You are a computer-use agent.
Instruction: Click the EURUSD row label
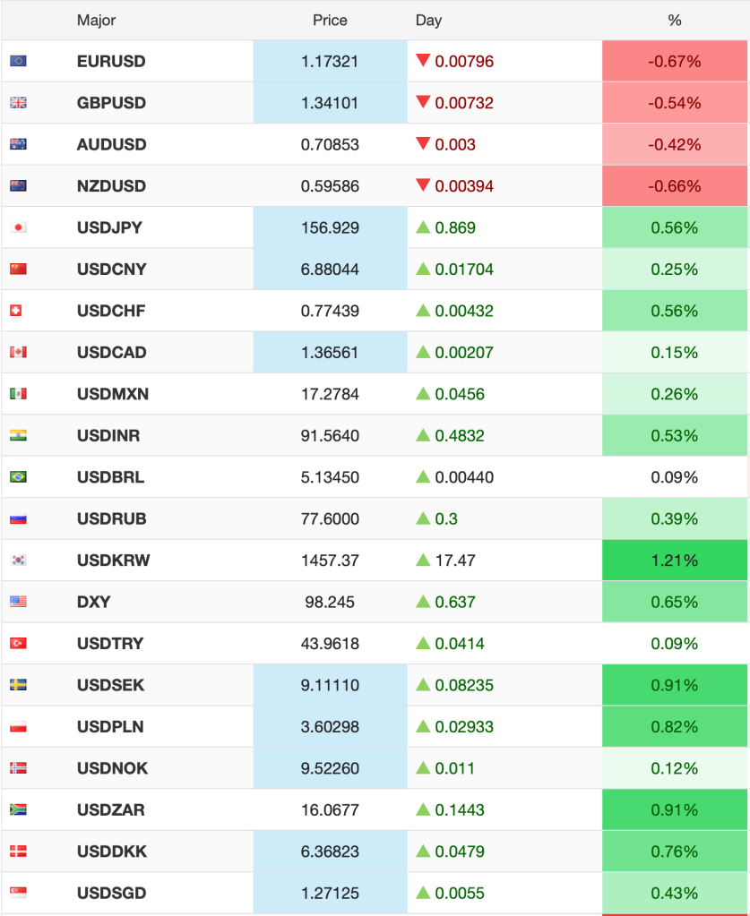click(x=111, y=62)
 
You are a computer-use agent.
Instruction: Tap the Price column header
click(x=330, y=21)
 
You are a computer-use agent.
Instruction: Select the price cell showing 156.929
click(x=330, y=228)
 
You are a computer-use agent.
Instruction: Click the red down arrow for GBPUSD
click(x=423, y=102)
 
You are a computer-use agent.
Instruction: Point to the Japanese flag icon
click(x=18, y=228)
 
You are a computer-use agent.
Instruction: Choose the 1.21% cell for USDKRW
click(x=675, y=561)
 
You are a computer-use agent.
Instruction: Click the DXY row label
click(x=94, y=602)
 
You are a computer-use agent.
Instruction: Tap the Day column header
click(x=428, y=21)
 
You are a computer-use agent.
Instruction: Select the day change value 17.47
click(x=455, y=561)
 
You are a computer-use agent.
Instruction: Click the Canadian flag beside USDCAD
click(x=18, y=353)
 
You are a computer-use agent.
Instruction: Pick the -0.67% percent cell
click(x=675, y=62)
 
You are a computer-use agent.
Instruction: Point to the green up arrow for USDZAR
click(x=423, y=809)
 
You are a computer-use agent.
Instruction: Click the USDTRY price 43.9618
click(x=330, y=644)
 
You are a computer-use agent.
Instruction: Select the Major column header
click(x=96, y=21)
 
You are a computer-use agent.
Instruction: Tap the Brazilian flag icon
click(x=18, y=477)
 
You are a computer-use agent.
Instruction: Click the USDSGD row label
click(x=111, y=893)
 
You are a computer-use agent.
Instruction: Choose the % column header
click(x=675, y=21)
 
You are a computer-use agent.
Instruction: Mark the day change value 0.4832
click(x=460, y=436)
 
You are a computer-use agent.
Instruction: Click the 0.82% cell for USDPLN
click(x=675, y=727)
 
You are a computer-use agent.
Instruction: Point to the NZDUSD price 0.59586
click(x=330, y=186)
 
